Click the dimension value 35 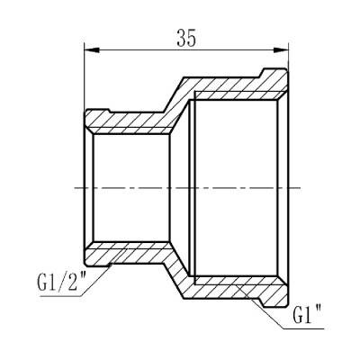(x=186, y=38)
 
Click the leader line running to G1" (x=270, y=305)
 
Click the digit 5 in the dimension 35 (x=192, y=38)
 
